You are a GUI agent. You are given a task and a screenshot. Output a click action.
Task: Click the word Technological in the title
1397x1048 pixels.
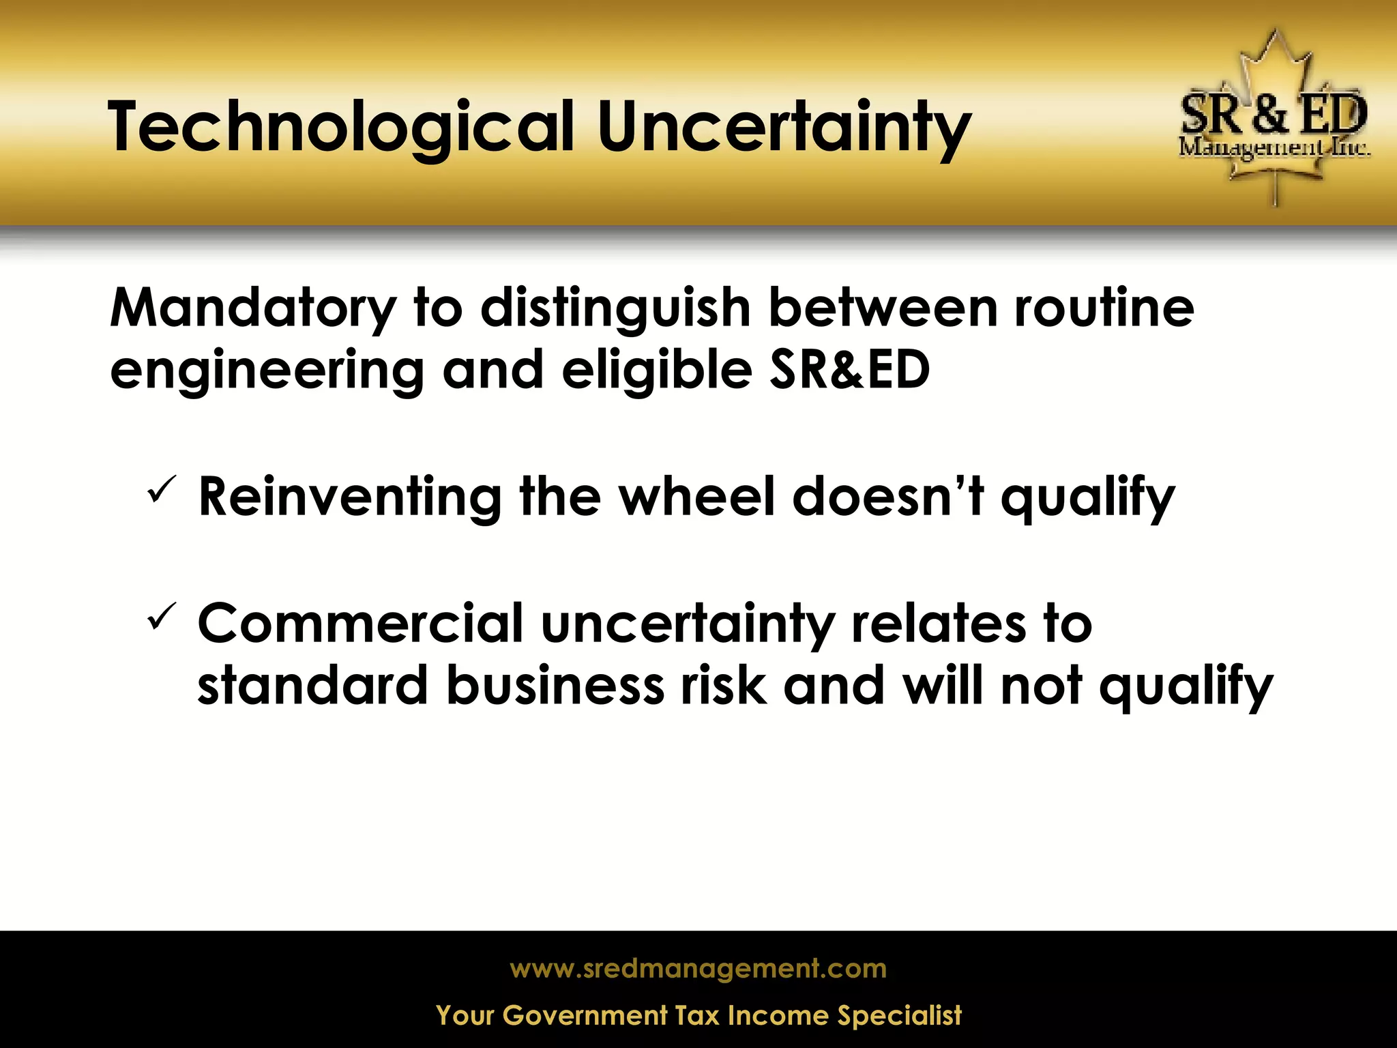[341, 128]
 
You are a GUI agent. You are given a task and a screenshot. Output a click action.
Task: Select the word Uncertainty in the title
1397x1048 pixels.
[784, 128]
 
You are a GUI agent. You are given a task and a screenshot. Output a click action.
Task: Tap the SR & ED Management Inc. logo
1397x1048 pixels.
[1274, 120]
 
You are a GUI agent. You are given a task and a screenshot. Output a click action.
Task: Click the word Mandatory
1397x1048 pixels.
[252, 308]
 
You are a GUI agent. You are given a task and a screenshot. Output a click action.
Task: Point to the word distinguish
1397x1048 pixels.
[615, 308]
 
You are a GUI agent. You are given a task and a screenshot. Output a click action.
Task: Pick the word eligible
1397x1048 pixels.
[657, 370]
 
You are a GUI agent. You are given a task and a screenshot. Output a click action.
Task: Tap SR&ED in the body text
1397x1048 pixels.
[850, 370]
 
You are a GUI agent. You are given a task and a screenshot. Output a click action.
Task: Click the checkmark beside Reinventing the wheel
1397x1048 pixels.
[162, 490]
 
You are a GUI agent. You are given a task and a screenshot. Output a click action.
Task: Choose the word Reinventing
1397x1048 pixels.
[350, 497]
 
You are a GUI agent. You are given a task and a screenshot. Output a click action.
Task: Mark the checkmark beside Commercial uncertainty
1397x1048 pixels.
[162, 616]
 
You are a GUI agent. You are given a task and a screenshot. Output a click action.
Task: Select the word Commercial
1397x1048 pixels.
[360, 624]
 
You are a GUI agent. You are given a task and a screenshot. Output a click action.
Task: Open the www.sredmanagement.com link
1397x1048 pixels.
[698, 969]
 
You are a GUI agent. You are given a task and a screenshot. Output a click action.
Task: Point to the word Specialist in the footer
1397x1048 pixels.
[899, 1015]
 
